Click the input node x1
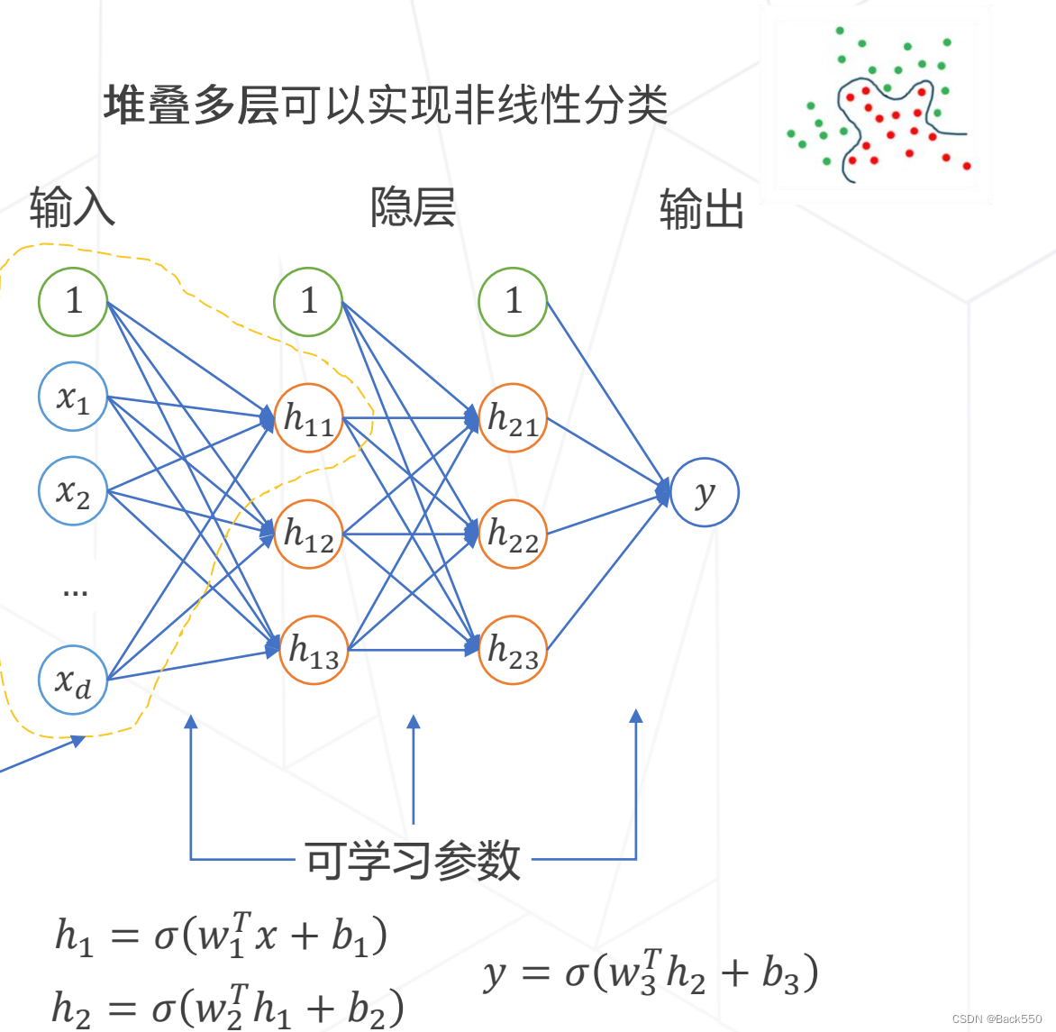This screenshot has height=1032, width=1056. click(x=73, y=397)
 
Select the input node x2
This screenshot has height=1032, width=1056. click(x=73, y=492)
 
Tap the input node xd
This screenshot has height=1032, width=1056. click(x=73, y=680)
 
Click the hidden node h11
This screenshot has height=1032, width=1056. click(x=309, y=418)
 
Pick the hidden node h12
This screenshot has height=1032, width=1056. click(x=309, y=534)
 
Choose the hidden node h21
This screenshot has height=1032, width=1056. click(x=513, y=418)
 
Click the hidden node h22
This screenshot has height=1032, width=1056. click(x=513, y=534)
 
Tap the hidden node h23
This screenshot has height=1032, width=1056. click(x=513, y=650)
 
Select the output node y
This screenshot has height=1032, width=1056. click(x=705, y=492)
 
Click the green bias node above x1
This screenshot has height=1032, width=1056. click(x=73, y=301)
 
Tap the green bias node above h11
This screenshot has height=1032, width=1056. click(x=309, y=301)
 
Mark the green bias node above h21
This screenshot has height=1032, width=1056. click(x=513, y=301)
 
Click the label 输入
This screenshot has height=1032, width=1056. click(x=72, y=207)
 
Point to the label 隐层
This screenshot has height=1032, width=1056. click(x=413, y=207)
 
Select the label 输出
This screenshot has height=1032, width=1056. click(x=701, y=210)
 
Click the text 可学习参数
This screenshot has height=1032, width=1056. click(x=413, y=860)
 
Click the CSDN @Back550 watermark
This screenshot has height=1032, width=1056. click(x=997, y=1018)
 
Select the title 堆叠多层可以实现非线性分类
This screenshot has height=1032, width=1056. click(x=385, y=105)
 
